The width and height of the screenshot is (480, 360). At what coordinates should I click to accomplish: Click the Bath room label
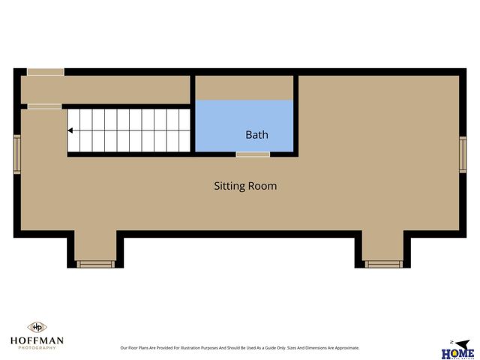[x=256, y=135]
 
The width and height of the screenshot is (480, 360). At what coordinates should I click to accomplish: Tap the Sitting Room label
[x=245, y=185]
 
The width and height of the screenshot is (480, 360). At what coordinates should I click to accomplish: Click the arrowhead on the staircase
[x=70, y=130]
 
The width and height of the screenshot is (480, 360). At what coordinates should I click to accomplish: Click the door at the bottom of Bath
[x=253, y=154]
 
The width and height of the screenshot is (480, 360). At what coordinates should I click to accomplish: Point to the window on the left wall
[x=16, y=154]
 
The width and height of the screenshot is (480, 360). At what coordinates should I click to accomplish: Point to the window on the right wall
[x=463, y=154]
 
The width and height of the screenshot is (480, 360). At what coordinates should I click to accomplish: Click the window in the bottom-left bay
[x=96, y=264]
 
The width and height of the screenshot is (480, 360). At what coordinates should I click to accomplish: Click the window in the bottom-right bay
[x=383, y=264]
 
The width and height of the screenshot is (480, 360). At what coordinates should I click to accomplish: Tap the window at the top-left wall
[x=45, y=72]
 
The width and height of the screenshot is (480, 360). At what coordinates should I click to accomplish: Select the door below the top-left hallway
[x=45, y=106]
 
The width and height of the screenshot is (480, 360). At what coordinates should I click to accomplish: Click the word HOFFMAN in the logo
[x=37, y=340]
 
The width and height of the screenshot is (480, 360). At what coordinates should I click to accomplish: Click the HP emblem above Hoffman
[x=37, y=327]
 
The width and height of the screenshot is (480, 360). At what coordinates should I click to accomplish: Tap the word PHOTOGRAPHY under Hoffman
[x=37, y=348]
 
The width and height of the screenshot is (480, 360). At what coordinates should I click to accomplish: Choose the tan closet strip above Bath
[x=244, y=87]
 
